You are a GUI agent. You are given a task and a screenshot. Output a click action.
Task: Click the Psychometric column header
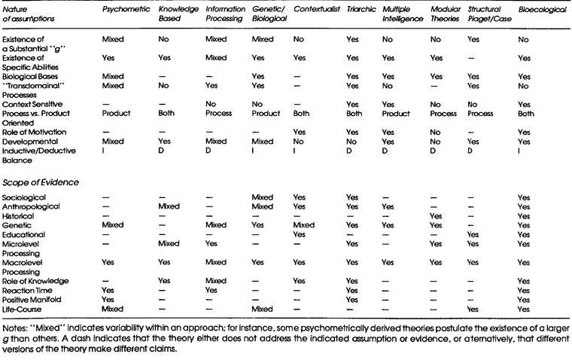[x=124, y=8]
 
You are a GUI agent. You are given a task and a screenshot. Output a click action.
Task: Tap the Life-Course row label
[x=24, y=309]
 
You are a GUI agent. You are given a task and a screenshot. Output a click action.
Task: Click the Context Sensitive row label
[x=33, y=103]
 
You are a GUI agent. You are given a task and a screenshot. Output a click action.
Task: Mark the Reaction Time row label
[x=28, y=290]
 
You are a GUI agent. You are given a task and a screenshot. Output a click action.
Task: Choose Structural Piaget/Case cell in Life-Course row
[x=474, y=309]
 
